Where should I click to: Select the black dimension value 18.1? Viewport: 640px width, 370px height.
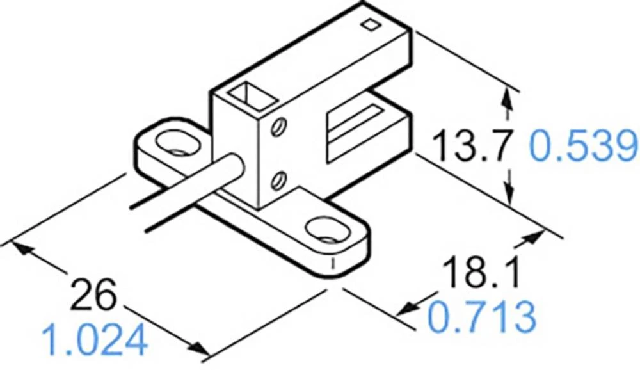click(x=483, y=273)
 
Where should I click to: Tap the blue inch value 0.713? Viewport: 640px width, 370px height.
click(x=481, y=317)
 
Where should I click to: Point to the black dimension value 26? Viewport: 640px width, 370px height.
click(x=94, y=295)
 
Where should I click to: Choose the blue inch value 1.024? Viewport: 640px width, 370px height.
click(x=94, y=340)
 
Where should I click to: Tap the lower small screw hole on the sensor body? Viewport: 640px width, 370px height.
click(x=276, y=181)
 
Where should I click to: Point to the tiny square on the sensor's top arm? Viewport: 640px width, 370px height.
click(x=369, y=25)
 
